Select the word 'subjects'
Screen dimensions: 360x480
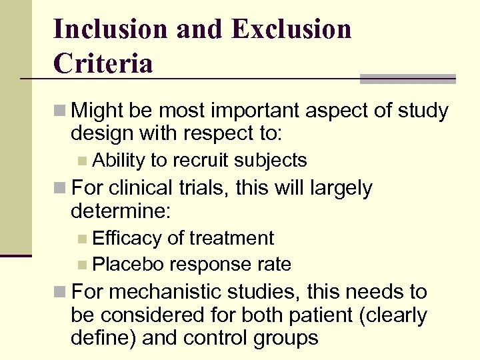[272, 160]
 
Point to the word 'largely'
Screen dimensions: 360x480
[340, 188]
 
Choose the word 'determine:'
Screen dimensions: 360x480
[121, 212]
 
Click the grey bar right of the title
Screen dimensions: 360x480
[407, 79]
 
